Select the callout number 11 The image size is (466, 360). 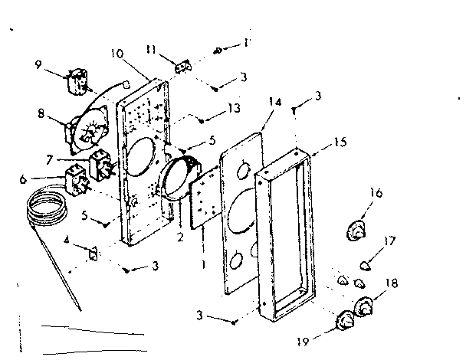(152, 51)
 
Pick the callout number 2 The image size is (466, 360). (179, 237)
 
